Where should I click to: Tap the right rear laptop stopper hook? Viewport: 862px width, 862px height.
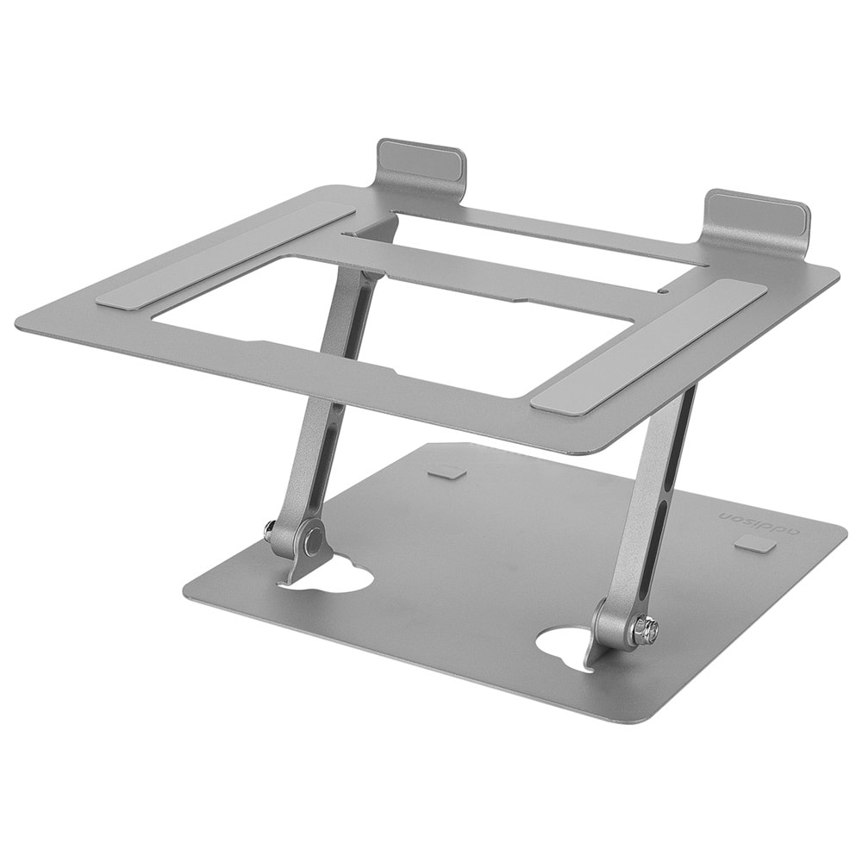coord(758,215)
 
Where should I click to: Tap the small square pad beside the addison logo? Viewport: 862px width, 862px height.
coord(755,545)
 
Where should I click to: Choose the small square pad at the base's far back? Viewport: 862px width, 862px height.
coord(447,471)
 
